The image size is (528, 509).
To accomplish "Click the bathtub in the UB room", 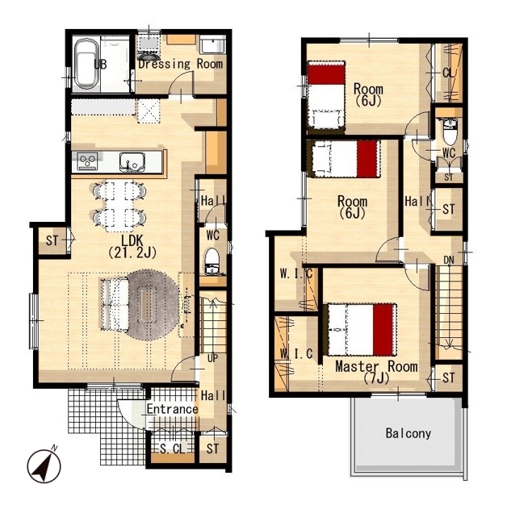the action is [86, 64].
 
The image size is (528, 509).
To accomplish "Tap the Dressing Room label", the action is [181, 64].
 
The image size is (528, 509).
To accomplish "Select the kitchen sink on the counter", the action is [132, 161].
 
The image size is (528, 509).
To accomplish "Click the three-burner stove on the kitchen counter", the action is [87, 161].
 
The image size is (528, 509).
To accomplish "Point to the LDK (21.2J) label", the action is [132, 247].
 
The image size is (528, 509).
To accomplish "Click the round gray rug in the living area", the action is [149, 305].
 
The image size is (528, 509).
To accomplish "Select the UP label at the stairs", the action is [212, 358].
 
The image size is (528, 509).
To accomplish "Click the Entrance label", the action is [172, 409].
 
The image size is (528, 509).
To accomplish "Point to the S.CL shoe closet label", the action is [173, 449].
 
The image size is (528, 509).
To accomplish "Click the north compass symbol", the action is [44, 466].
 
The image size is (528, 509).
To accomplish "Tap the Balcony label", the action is [409, 433].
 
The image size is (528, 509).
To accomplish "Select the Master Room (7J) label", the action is [376, 372].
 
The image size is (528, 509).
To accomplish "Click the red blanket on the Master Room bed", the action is [383, 329].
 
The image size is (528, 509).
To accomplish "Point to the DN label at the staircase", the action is [449, 260].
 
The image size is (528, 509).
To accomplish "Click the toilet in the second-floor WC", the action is [450, 131].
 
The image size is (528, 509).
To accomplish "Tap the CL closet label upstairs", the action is [448, 73].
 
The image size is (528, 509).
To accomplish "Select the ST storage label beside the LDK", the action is [52, 240].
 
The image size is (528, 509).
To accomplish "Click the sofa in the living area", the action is [114, 305].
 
